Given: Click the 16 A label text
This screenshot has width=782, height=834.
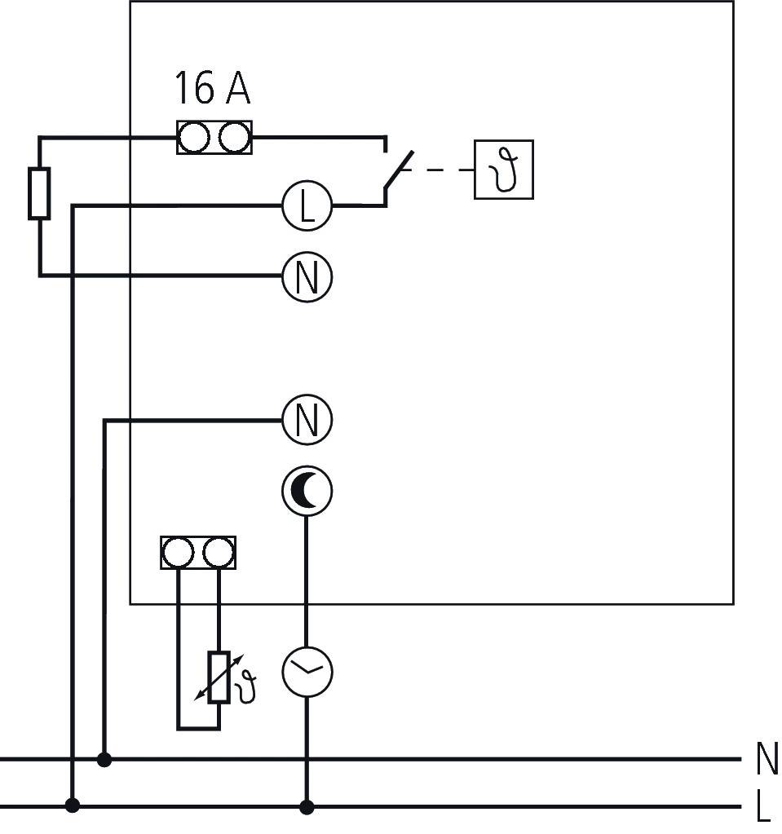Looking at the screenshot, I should point(212,88).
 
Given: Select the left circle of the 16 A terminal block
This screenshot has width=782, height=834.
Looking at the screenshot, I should point(194,138).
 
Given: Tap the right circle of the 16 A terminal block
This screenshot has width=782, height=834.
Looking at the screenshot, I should point(234,138).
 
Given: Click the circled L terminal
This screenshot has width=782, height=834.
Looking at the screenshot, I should point(307,206).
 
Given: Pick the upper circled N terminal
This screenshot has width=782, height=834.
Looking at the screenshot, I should point(307,276).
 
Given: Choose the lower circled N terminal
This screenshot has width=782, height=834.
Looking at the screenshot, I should point(307,421).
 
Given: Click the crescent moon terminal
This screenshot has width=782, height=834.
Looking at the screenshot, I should point(307,492).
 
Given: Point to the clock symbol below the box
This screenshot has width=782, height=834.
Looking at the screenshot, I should point(307,672).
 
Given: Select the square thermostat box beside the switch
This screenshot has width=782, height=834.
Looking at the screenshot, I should point(504,170).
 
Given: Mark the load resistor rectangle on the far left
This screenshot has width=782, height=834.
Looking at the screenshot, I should point(39,193).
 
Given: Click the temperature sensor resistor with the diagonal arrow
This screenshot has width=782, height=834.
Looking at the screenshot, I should point(218,678).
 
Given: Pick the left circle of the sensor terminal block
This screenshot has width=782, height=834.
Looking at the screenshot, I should point(178,553).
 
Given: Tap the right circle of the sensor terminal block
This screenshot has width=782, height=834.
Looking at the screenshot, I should point(218,553).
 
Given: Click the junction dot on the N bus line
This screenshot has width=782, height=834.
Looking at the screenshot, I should point(104,760).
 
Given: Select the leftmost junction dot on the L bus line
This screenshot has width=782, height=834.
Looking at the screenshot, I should point(73,806).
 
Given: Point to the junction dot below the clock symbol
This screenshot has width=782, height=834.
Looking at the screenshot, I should point(307,807).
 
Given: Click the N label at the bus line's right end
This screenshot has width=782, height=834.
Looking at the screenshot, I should point(767,759).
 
